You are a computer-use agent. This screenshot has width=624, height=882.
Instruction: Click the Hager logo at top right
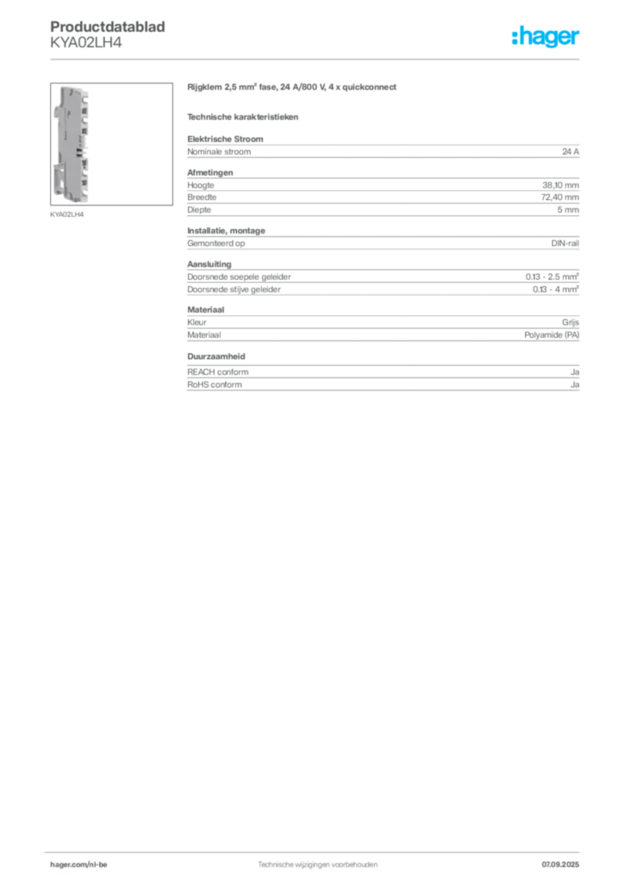point(546,36)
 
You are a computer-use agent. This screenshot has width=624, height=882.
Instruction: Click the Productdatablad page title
point(108,27)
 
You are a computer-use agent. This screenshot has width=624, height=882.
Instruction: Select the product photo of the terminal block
point(111,144)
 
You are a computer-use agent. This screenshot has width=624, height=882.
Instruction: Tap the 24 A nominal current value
point(571,152)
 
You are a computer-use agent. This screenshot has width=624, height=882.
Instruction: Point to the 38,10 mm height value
point(560,185)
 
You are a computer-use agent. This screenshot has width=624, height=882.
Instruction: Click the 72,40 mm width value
point(560,197)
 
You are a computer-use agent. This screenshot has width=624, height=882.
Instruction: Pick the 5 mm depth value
point(568,210)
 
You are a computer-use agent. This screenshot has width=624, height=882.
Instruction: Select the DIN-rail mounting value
point(565,244)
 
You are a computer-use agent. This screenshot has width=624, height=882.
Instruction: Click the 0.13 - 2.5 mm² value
point(552,276)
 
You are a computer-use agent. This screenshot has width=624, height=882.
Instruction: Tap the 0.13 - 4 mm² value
point(556,289)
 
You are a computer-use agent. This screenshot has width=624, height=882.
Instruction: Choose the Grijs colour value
point(571,322)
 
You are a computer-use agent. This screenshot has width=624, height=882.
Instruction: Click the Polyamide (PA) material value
point(552,335)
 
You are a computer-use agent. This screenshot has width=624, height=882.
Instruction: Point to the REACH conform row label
point(218,372)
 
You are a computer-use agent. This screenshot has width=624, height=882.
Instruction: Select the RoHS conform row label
point(215,385)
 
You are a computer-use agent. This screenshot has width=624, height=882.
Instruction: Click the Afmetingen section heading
point(210,172)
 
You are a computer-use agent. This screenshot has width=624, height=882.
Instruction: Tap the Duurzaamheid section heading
point(216,357)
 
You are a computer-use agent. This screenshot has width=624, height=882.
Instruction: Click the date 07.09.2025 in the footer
point(560,865)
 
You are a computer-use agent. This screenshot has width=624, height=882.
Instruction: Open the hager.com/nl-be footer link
point(78,865)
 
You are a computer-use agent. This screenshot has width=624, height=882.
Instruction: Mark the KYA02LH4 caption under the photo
point(67,214)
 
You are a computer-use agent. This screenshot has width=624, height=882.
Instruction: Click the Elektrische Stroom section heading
point(225,139)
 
